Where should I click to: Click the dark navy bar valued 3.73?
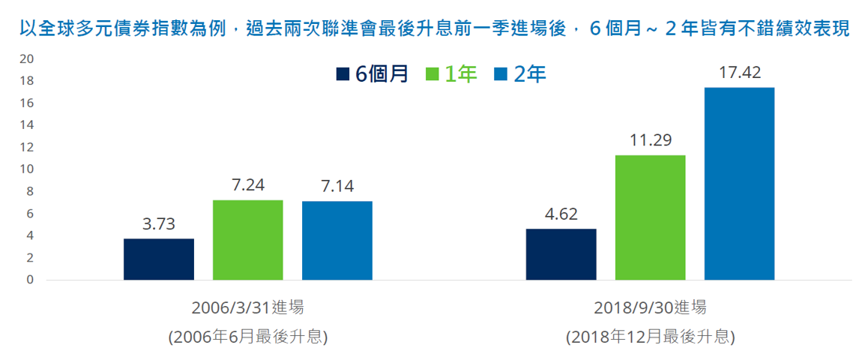159,259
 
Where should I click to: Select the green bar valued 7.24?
248,240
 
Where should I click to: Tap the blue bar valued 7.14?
337,241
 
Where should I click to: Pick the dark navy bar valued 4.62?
561,254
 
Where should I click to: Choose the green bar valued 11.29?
651,217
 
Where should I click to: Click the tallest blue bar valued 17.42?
739,184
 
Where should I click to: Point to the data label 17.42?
739,73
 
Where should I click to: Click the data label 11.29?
651,140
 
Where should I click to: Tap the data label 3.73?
159,223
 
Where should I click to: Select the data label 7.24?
248,185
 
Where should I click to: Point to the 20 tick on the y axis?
27,59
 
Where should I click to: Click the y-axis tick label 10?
27,169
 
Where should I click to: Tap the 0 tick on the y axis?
30,280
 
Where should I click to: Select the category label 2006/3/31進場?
247,308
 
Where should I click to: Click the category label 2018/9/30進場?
651,308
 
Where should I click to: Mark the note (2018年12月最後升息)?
651,336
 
